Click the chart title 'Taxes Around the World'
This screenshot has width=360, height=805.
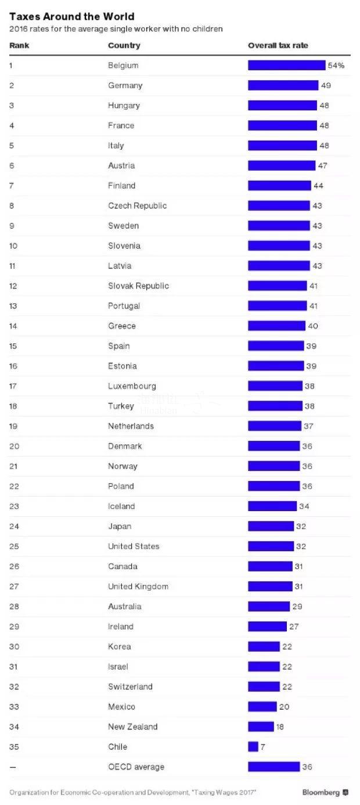tap(71, 16)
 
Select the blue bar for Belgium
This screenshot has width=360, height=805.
tap(286, 66)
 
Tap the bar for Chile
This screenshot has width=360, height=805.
tap(253, 746)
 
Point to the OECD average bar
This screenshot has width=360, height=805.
tap(273, 767)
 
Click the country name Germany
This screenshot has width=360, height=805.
tap(125, 85)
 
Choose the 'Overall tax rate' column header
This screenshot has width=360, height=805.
tap(278, 45)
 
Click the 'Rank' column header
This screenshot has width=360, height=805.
tap(19, 45)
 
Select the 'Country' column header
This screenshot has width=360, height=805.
tap(124, 45)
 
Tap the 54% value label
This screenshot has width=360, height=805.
tap(336, 66)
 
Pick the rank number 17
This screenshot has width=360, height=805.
tap(13, 386)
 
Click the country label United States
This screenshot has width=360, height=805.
tap(134, 546)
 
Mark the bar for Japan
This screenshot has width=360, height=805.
tap(271, 526)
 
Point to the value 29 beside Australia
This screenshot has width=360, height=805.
tap(297, 606)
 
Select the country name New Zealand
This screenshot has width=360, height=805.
tap(132, 727)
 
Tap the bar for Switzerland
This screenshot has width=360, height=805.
tap(264, 687)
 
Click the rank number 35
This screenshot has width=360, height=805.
tap(13, 746)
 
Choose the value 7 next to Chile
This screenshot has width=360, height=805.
tap(263, 746)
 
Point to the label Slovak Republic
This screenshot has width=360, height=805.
tap(138, 286)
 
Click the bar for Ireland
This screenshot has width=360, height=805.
tap(267, 626)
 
